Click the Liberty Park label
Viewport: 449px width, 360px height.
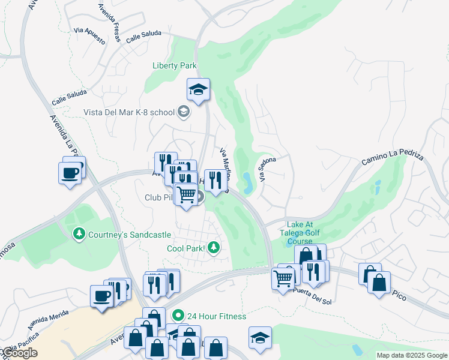[x=175, y=65]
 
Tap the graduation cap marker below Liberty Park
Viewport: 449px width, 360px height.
[x=198, y=91]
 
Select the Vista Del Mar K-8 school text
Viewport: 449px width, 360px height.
[x=129, y=112]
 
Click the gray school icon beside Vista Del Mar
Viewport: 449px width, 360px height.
[x=184, y=112]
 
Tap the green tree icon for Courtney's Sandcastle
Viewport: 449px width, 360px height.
[x=77, y=234]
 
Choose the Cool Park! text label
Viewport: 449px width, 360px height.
[x=185, y=248]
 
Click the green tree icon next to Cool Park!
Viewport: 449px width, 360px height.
[x=213, y=247]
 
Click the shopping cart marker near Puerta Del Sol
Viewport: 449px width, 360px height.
[x=283, y=278]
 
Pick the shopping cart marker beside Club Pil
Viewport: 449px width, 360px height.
[x=186, y=195]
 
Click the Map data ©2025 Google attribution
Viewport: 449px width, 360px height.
[x=411, y=355]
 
